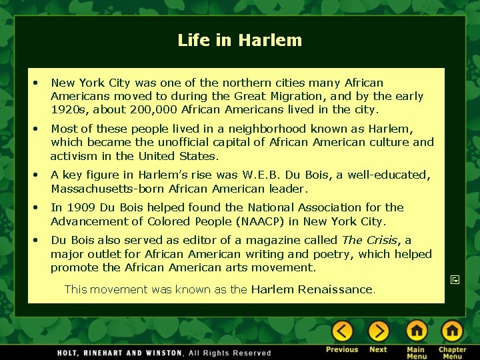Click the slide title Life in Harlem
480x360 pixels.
(239, 41)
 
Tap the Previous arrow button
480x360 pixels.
(342, 331)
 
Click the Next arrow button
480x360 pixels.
(378, 331)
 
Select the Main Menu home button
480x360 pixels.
(417, 331)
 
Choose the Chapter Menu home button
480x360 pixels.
(452, 331)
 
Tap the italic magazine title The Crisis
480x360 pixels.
(369, 240)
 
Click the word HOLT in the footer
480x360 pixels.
(71, 353)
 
